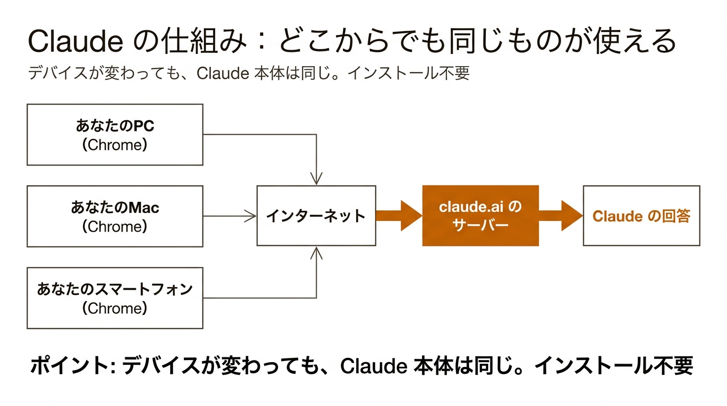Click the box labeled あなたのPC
click(115, 134)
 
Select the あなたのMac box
click(115, 216)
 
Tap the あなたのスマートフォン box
click(115, 298)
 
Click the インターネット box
click(316, 216)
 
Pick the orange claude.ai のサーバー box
click(480, 216)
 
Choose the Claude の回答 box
click(641, 216)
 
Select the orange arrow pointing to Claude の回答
click(561, 216)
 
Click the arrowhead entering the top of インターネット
click(316, 179)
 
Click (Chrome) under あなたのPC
click(115, 145)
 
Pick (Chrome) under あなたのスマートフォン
click(115, 308)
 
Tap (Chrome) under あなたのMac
click(115, 227)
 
